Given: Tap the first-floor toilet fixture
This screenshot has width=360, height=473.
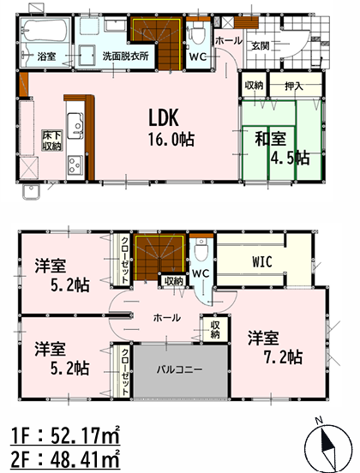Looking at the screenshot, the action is (x=197, y=34).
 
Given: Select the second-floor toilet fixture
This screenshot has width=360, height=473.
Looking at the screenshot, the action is (x=201, y=248).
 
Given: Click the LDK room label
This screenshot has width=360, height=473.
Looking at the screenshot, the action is (x=164, y=117).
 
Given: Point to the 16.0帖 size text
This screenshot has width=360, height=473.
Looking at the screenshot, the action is (x=171, y=140).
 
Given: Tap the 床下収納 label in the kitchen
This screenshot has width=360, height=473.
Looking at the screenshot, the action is (x=52, y=141).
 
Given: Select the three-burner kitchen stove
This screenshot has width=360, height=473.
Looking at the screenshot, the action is (x=75, y=165).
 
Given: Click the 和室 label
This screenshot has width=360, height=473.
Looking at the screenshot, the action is (x=271, y=139).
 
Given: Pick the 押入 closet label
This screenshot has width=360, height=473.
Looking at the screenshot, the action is (x=294, y=87).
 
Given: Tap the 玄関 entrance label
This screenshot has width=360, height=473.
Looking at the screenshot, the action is (x=261, y=46).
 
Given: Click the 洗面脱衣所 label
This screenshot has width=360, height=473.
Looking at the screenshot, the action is (x=125, y=56).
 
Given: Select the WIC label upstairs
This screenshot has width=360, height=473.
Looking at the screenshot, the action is (x=262, y=262).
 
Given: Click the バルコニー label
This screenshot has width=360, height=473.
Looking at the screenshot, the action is (x=179, y=369).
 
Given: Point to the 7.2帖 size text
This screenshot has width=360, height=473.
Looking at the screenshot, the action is (x=284, y=357).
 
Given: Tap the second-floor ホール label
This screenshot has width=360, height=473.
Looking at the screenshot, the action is (x=167, y=317).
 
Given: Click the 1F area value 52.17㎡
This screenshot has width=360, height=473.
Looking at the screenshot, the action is (x=86, y=435).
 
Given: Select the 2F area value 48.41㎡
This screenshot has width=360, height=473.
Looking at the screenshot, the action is (x=86, y=459).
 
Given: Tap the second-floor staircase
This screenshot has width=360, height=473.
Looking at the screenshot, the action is (x=160, y=256).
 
